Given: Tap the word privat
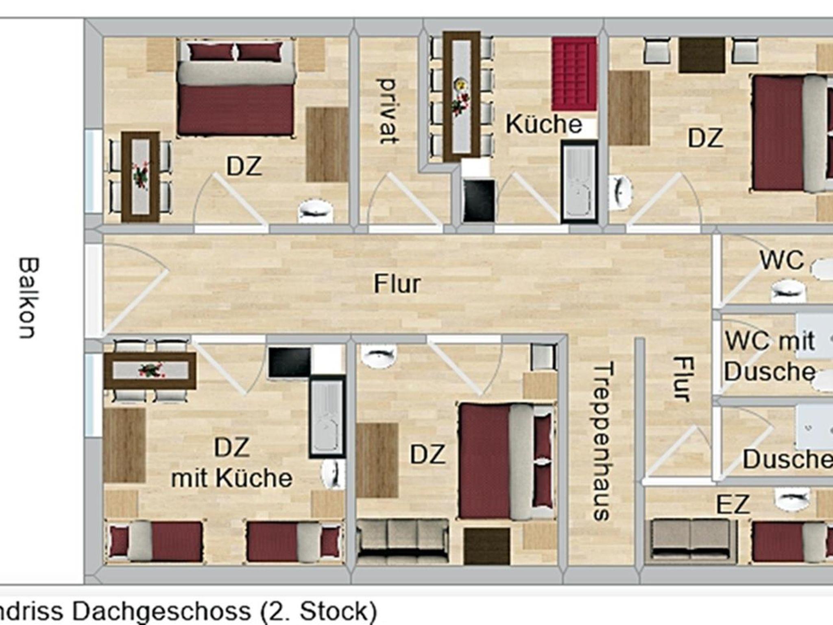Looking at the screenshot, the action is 387,111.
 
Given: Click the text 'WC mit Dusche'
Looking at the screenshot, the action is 770,356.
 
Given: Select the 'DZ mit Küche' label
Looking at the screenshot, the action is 231,462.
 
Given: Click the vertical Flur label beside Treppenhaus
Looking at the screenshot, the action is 682,379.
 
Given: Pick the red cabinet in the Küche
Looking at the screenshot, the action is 574,74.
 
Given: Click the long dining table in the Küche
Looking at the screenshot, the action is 462,96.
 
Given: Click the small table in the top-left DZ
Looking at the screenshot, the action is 141,177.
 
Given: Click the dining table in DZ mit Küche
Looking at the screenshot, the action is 150,371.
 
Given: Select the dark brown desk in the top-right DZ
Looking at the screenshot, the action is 702,55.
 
